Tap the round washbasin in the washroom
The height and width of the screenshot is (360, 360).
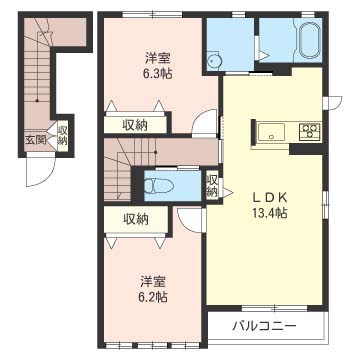[x=212, y=61]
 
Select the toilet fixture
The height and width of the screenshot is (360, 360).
[x=159, y=185]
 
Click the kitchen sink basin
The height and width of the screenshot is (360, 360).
[x=272, y=132]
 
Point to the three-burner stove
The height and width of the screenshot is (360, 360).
[x=310, y=131]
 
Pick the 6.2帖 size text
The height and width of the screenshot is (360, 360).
[x=153, y=296]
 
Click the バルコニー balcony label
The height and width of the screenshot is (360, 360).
[x=264, y=325]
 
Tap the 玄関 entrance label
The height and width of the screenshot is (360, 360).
[x=35, y=140]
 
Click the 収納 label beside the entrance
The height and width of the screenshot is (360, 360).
[x=63, y=135]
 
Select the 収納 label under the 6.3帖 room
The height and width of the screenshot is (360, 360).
[x=135, y=125]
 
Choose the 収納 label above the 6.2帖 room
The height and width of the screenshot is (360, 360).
[x=136, y=219]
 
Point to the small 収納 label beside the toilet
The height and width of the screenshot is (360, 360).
[x=212, y=186]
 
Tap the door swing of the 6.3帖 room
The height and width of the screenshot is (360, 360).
[x=204, y=121]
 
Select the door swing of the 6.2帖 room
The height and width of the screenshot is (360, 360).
[x=189, y=220]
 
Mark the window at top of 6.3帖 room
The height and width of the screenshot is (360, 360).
[x=152, y=14]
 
